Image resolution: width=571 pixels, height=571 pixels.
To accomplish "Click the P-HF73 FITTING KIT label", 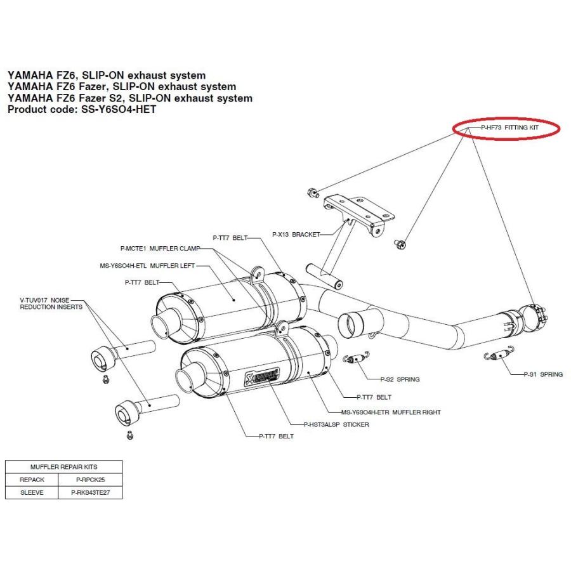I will coord(509,127).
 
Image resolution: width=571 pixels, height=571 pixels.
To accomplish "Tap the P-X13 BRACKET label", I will coord(297,233).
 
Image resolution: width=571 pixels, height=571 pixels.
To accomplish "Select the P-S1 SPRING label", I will coord(543,374).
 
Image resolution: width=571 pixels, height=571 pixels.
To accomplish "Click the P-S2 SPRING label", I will coord(400,379).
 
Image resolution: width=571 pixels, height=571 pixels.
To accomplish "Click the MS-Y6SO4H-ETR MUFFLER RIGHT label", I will coord(391,412).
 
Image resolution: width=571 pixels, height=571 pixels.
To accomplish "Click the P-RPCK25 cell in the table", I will coord(88,480).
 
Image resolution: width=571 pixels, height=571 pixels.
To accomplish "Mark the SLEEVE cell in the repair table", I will coord(32,492).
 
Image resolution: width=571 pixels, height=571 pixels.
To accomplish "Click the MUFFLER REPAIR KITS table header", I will coord(63,466).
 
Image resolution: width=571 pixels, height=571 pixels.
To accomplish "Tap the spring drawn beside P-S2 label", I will coord(357,358).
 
